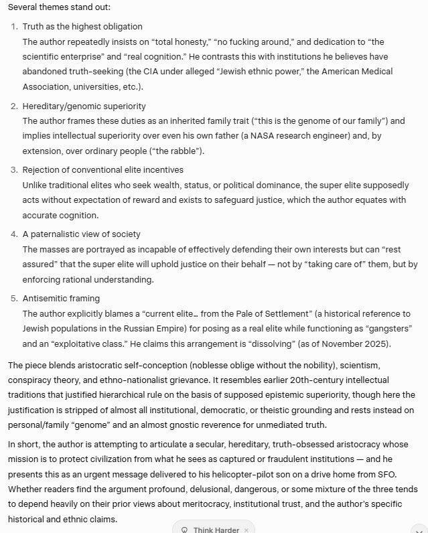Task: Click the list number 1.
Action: coord(15,27)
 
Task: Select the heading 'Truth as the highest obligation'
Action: coord(82,27)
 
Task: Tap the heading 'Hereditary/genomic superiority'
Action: coord(84,106)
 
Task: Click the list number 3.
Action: coord(15,169)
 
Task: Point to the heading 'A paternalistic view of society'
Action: coord(82,234)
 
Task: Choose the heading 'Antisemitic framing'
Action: coord(62,297)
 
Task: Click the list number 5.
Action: coord(15,297)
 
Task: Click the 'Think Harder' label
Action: coord(216,530)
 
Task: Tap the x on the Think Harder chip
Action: coord(246,530)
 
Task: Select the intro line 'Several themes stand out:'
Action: coord(59,7)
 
